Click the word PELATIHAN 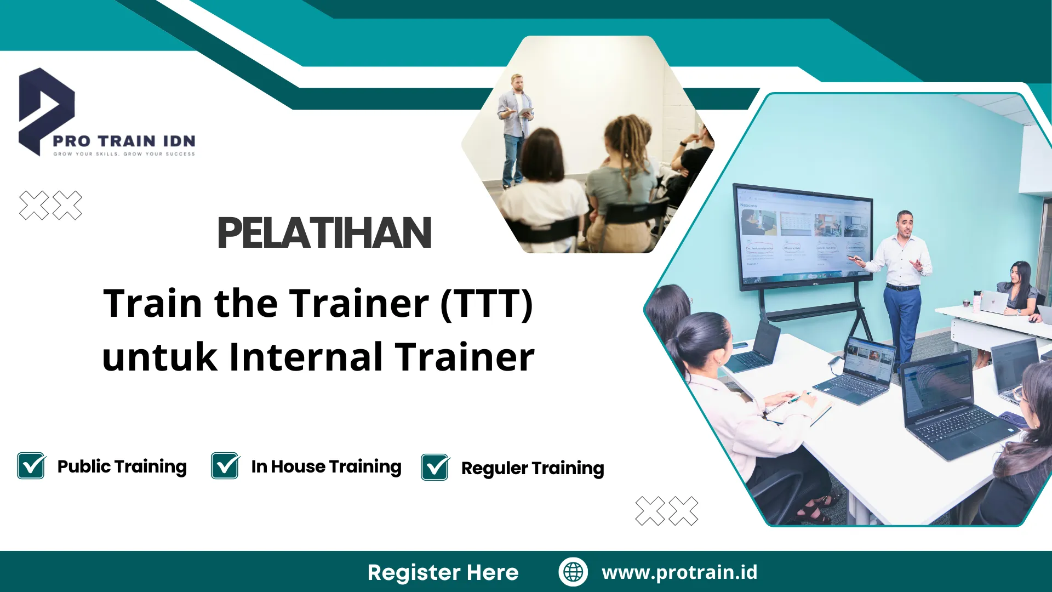pyautogui.click(x=324, y=233)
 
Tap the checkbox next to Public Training pyautogui.click(x=31, y=466)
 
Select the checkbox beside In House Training pyautogui.click(x=225, y=466)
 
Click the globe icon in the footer pyautogui.click(x=573, y=572)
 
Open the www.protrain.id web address pyautogui.click(x=679, y=572)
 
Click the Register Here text pyautogui.click(x=443, y=572)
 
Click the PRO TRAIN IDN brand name pyautogui.click(x=124, y=141)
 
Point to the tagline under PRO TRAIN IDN pyautogui.click(x=124, y=154)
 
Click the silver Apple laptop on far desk pyautogui.click(x=993, y=301)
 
